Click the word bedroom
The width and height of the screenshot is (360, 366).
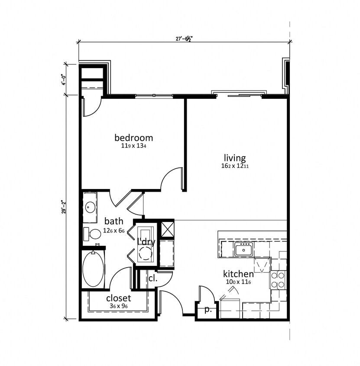click(x=133, y=138)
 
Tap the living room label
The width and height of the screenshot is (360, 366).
click(x=235, y=158)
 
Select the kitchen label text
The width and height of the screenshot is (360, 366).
click(x=238, y=274)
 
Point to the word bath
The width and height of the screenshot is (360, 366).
click(x=114, y=221)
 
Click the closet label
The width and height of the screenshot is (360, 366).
click(x=118, y=298)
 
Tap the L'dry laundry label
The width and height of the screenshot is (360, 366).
click(x=146, y=242)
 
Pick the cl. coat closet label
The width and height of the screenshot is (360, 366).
click(x=152, y=278)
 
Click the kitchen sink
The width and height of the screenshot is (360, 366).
click(x=243, y=249)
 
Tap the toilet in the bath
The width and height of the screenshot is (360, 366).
click(x=92, y=234)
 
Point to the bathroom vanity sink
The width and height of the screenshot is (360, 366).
click(x=90, y=207)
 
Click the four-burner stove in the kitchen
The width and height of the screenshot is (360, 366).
click(x=278, y=280)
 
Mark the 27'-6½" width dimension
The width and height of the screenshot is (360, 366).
click(x=184, y=39)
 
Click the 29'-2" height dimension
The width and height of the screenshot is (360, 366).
click(x=63, y=207)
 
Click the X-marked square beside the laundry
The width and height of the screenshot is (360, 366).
click(x=167, y=229)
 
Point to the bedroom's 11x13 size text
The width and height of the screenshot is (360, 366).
click(x=133, y=146)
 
